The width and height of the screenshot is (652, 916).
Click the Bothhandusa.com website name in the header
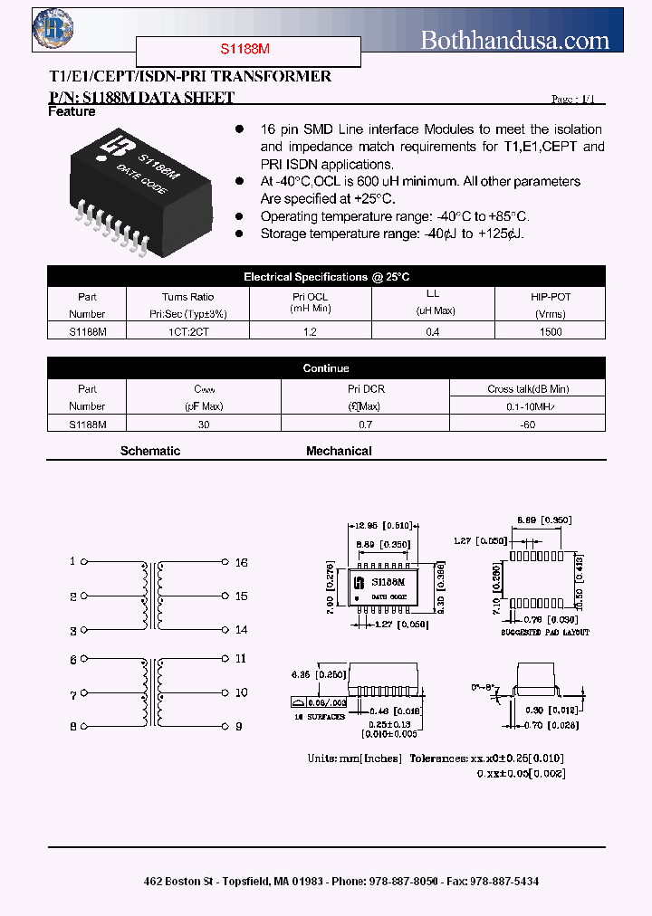point(515,39)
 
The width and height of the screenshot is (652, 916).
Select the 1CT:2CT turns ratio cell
point(187,332)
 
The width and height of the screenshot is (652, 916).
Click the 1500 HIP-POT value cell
point(550,332)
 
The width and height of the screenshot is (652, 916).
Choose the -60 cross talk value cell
point(527,424)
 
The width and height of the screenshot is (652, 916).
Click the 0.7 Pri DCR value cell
point(365,424)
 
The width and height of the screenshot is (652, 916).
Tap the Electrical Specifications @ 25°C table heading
point(326,277)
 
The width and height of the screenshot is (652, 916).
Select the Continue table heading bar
point(326,368)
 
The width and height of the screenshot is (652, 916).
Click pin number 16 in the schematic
point(241,562)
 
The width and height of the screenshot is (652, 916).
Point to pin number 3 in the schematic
point(73,631)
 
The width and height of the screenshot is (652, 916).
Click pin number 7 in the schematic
point(73,695)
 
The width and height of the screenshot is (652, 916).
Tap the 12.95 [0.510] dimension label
point(383,524)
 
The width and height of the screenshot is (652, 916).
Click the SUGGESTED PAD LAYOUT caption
point(545,632)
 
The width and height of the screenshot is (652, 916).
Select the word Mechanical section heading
point(339,451)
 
